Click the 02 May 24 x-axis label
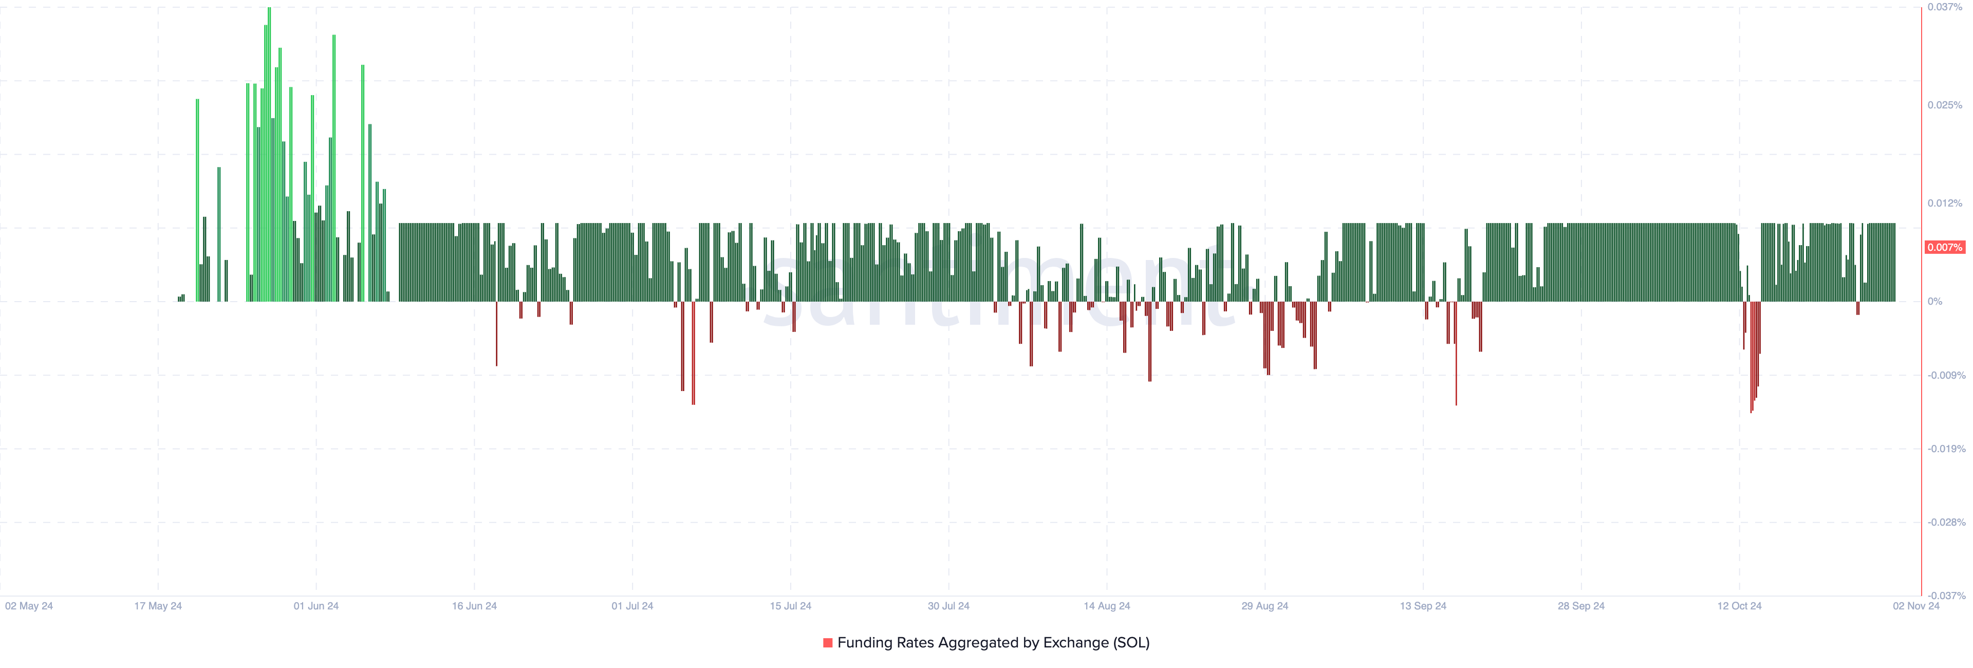[x=29, y=606]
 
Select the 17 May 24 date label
[x=158, y=606]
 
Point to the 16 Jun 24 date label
[x=474, y=606]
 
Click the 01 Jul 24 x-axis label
[x=632, y=606]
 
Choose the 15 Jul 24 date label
[x=790, y=606]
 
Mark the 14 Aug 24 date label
[x=1107, y=606]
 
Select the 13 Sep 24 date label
[x=1423, y=606]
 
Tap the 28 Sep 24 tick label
[x=1581, y=606]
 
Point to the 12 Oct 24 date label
[x=1739, y=606]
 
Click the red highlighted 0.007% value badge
[x=1945, y=248]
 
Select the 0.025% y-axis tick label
[x=1945, y=105]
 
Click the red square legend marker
[x=828, y=643]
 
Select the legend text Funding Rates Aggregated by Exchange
[x=993, y=643]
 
